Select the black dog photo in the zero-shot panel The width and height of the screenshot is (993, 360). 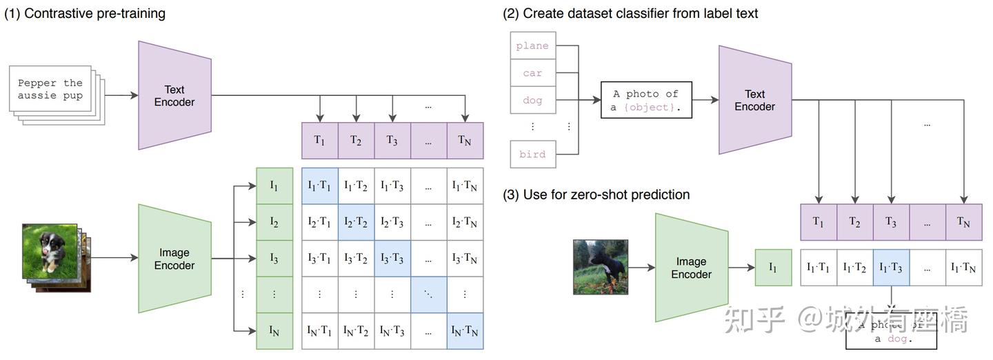click(600, 267)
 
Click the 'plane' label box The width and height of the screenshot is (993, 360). click(532, 46)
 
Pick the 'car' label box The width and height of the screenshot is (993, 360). click(532, 73)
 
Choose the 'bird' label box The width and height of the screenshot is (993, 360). click(532, 154)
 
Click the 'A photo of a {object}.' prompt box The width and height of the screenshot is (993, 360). click(645, 100)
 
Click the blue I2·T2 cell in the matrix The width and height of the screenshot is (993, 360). click(356, 222)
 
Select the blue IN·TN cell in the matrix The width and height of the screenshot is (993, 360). click(465, 331)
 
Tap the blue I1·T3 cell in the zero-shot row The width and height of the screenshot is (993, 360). click(890, 268)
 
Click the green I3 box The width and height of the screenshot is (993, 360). click(274, 259)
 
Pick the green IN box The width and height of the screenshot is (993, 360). click(274, 331)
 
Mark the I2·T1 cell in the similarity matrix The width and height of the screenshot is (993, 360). click(319, 222)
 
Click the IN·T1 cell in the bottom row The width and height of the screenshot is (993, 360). click(319, 331)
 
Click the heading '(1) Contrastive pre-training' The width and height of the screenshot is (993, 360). click(85, 13)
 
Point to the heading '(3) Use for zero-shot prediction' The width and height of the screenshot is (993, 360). click(596, 194)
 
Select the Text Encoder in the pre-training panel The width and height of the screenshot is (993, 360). click(174, 96)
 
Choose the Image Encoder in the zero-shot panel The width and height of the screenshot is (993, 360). click(691, 268)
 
